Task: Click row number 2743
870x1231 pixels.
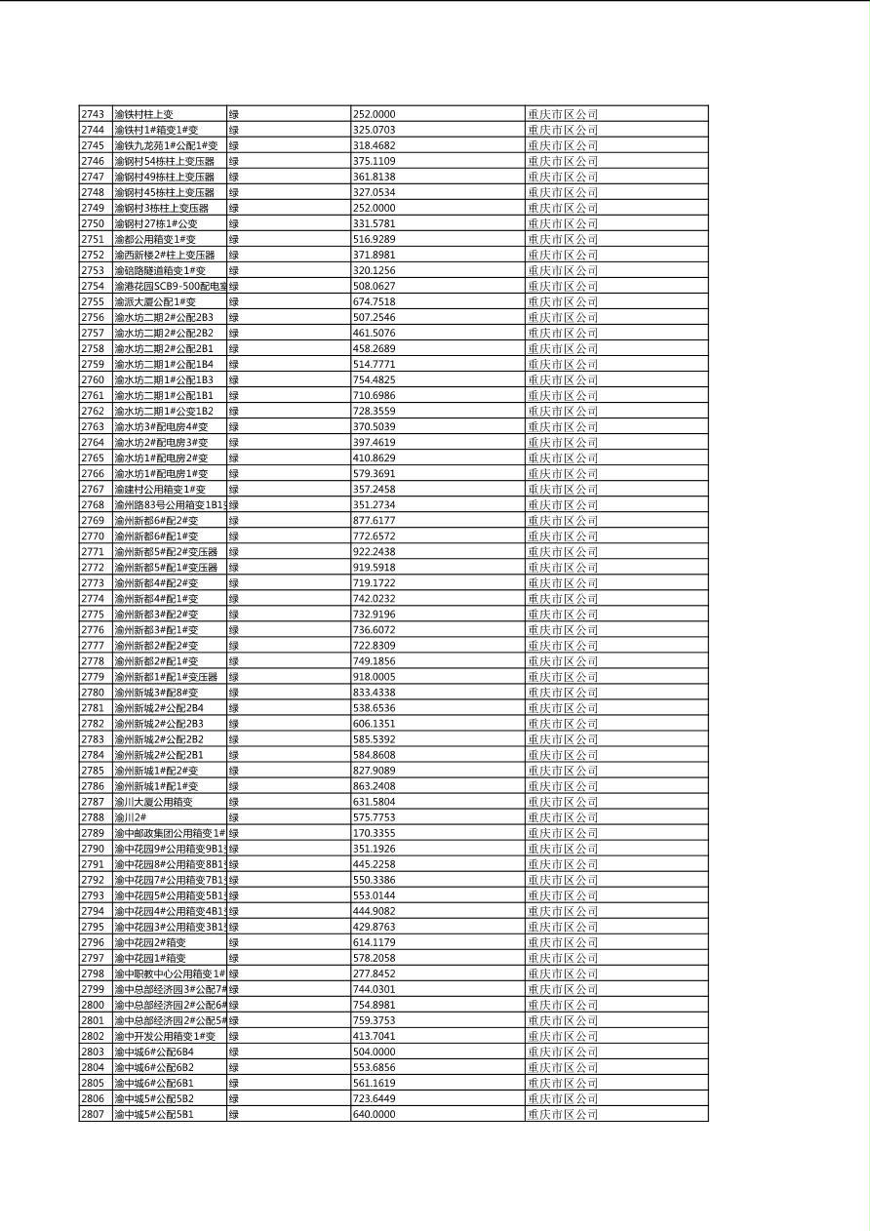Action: click(x=93, y=114)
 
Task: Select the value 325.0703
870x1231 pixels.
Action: click(x=374, y=130)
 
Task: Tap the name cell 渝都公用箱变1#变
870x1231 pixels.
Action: click(x=155, y=239)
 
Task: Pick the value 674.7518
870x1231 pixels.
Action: click(x=374, y=301)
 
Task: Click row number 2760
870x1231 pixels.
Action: click(x=93, y=379)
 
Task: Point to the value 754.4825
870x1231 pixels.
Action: click(x=374, y=379)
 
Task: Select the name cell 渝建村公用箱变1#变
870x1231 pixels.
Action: click(x=160, y=489)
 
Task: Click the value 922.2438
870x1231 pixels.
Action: click(x=374, y=551)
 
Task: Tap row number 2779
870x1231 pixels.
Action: click(x=93, y=677)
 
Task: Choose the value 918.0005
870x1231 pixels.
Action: click(x=374, y=677)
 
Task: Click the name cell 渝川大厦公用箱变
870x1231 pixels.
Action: click(x=153, y=802)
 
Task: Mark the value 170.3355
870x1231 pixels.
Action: click(x=374, y=833)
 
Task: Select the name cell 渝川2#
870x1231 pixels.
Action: click(x=131, y=817)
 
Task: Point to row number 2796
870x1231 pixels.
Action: click(x=93, y=942)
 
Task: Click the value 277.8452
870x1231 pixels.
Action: click(x=374, y=973)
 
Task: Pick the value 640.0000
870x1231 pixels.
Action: click(x=374, y=1114)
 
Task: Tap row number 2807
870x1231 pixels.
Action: click(x=93, y=1114)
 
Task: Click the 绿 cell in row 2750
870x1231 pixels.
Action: click(x=234, y=223)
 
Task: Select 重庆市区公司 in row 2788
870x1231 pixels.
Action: click(x=563, y=817)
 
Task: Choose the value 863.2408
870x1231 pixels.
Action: click(x=374, y=786)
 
